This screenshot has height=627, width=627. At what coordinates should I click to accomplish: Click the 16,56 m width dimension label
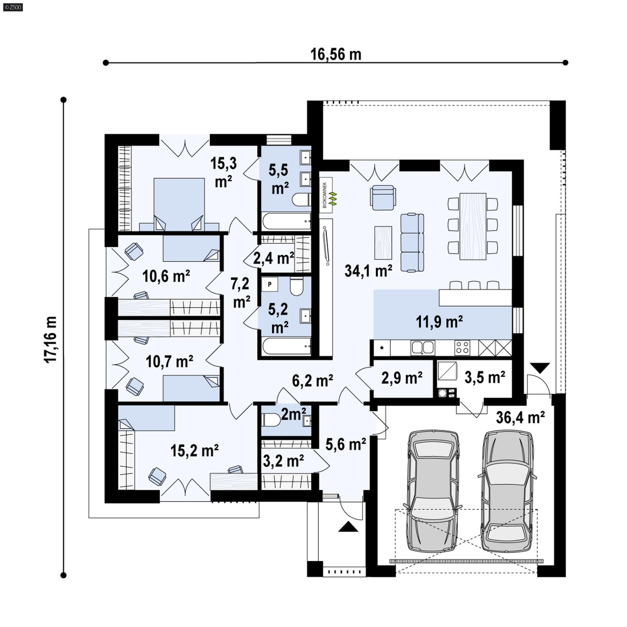[335, 54]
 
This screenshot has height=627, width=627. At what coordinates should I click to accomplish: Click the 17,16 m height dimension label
[51, 339]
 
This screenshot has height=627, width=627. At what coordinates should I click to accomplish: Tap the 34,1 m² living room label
[368, 271]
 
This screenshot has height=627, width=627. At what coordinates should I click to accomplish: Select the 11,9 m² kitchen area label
[439, 322]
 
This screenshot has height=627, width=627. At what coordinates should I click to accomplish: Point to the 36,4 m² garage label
[520, 417]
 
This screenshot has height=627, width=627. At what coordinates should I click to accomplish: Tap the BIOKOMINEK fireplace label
[325, 195]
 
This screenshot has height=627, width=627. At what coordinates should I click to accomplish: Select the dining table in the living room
[473, 226]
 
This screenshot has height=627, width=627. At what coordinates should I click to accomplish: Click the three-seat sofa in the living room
[412, 243]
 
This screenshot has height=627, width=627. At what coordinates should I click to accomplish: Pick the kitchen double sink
[422, 347]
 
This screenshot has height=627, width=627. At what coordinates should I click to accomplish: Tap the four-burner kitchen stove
[462, 348]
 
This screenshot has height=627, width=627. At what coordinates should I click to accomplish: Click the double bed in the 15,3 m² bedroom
[179, 204]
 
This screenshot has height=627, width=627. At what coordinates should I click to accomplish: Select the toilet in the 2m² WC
[271, 420]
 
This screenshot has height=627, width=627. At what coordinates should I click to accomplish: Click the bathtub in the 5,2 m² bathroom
[286, 346]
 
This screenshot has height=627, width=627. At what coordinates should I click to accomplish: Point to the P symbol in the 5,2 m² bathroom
[270, 285]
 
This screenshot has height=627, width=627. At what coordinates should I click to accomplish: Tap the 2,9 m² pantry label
[402, 378]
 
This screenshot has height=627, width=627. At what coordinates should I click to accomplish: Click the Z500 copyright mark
[13, 7]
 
